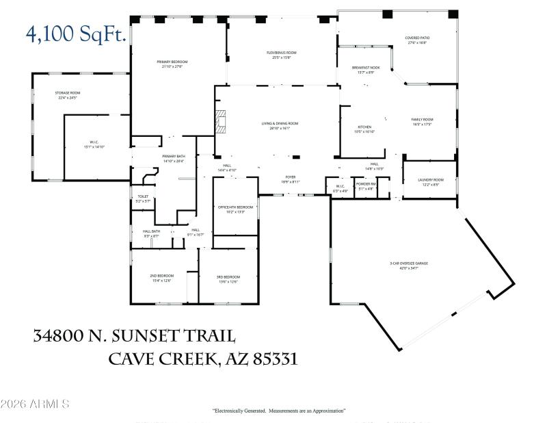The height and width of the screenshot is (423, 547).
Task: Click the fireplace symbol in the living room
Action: [220, 121]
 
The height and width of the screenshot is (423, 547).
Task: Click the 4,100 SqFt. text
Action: [75, 34]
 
